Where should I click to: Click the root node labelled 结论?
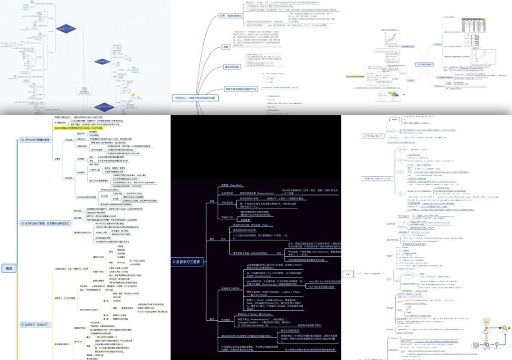click(x=8, y=268)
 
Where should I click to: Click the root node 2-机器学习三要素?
click(x=186, y=261)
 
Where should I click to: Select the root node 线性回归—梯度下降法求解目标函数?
click(x=197, y=98)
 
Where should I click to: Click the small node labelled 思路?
click(x=226, y=46)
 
